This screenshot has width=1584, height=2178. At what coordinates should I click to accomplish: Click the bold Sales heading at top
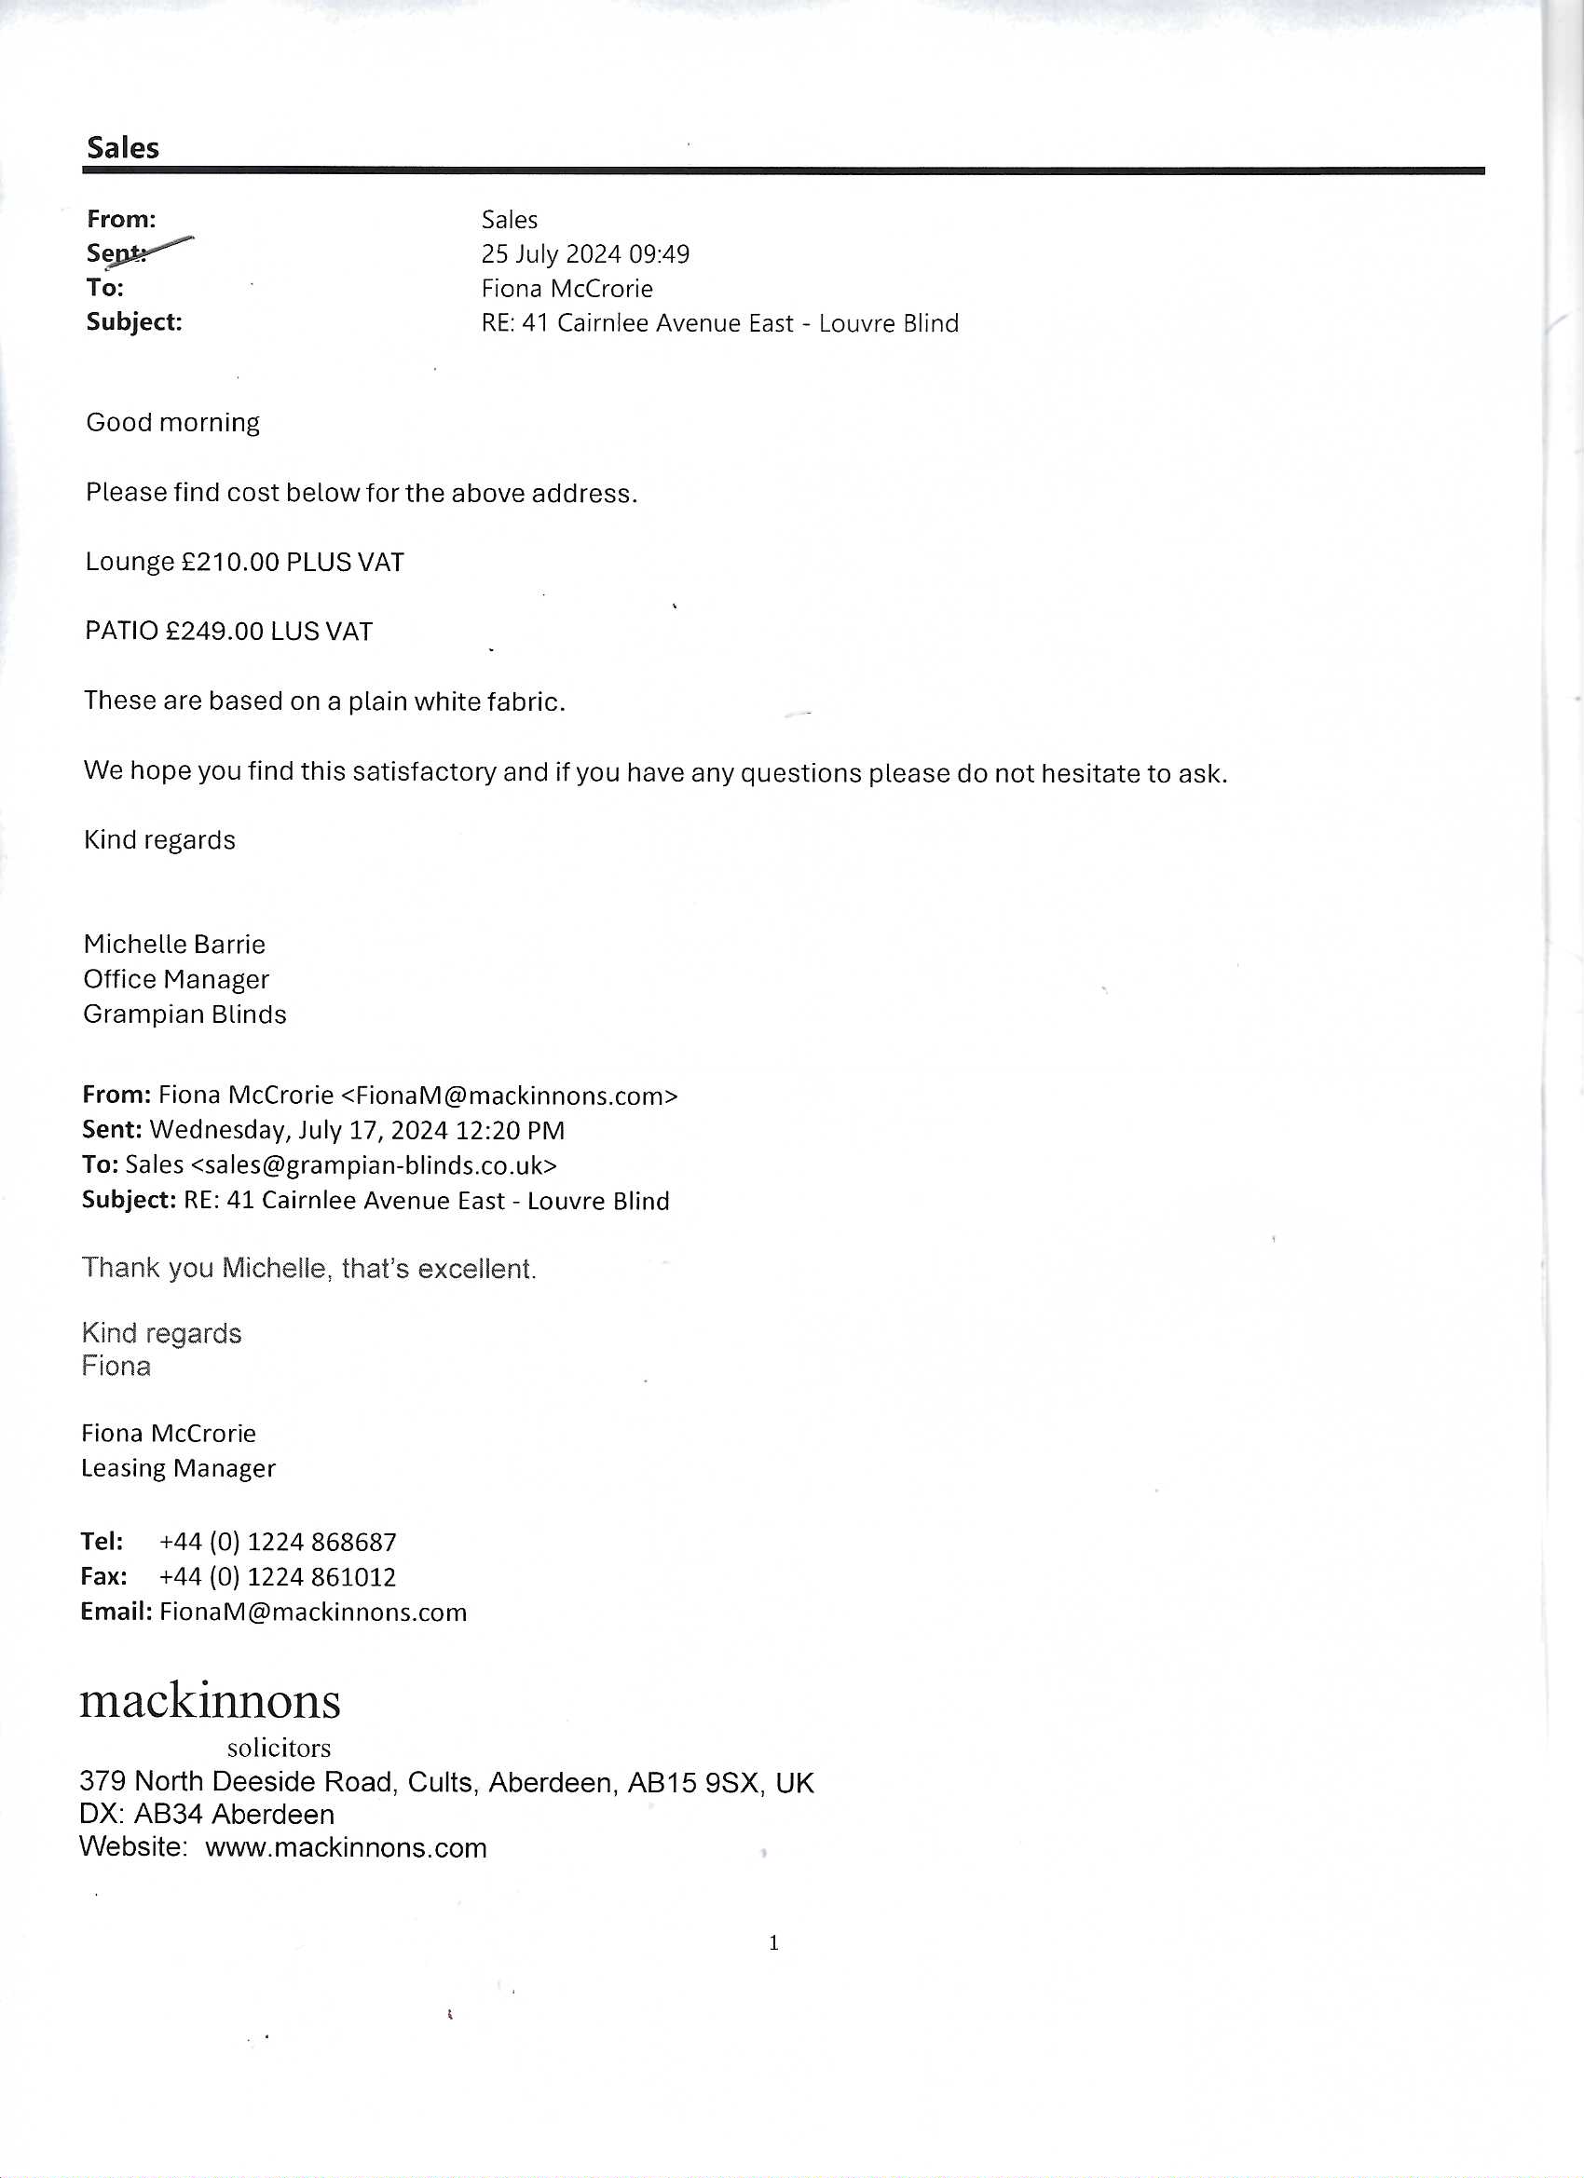pyautogui.click(x=123, y=148)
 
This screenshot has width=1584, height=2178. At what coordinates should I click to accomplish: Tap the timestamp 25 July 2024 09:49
pyautogui.click(x=585, y=254)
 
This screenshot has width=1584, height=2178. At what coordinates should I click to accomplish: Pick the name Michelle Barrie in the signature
pyautogui.click(x=174, y=945)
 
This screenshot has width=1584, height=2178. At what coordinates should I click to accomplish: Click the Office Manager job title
pyautogui.click(x=176, y=979)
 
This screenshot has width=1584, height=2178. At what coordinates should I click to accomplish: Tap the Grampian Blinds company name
pyautogui.click(x=184, y=1015)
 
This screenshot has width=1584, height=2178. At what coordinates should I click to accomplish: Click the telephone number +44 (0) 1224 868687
pyautogui.click(x=278, y=1543)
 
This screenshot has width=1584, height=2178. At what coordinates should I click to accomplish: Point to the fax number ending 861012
pyautogui.click(x=278, y=1577)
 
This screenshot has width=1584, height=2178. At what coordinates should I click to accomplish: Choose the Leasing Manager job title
pyautogui.click(x=178, y=1468)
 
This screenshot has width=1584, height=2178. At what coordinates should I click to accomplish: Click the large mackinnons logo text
pyautogui.click(x=210, y=1702)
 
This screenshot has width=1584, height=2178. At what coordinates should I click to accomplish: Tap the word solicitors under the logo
pyautogui.click(x=279, y=1748)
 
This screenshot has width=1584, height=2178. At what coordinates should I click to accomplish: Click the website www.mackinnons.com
pyautogui.click(x=346, y=1848)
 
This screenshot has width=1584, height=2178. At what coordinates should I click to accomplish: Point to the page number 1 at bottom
pyautogui.click(x=774, y=1943)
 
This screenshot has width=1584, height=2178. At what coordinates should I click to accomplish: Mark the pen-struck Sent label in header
pyautogui.click(x=117, y=253)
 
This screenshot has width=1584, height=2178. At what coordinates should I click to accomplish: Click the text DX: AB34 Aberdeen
pyautogui.click(x=207, y=1815)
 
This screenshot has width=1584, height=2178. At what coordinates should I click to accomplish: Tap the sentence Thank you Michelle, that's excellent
pyautogui.click(x=308, y=1270)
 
